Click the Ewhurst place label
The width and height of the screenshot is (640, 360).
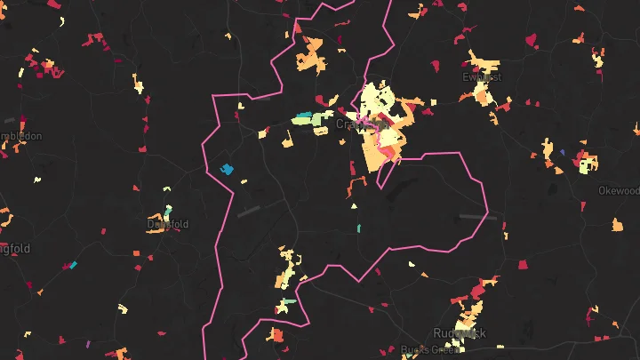coord(482,76)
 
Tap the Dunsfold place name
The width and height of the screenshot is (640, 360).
coord(168,224)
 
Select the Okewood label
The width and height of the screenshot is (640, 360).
coord(619,190)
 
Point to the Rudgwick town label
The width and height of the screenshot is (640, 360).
coord(460,332)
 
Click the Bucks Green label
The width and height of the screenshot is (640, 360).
coord(428,349)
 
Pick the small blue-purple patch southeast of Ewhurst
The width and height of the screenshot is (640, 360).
coord(562,152)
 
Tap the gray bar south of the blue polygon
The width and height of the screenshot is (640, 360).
coord(250,212)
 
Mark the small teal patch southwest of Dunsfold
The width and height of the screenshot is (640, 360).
coord(73,265)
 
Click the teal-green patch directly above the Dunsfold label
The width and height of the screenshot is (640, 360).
coord(167,213)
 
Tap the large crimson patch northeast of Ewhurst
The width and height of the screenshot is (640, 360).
coord(532,40)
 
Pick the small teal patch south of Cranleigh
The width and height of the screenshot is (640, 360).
coord(358,228)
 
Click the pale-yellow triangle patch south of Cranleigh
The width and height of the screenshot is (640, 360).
coord(354,207)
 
